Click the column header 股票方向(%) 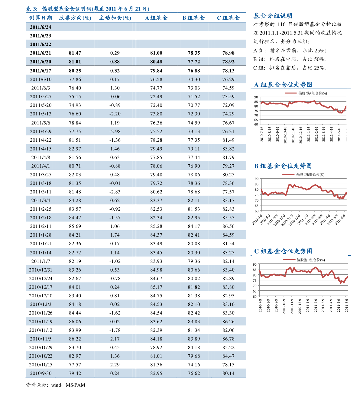point(75,18)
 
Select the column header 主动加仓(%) point(115,18)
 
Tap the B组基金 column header point(193,18)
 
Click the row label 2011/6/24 point(41,27)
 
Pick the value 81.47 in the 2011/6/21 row point(75,53)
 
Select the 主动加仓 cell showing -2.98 point(115,131)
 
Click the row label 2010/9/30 point(41,373)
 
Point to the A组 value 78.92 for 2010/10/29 point(156,347)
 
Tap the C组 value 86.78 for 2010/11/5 point(228,339)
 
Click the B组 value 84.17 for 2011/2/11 point(194,226)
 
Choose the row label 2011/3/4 point(41,200)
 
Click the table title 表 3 point(32,9)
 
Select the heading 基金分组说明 point(273,16)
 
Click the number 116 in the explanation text point(281,24)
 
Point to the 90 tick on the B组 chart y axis point(256,179)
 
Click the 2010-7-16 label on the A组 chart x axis point(261,134)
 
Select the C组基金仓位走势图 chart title point(283,251)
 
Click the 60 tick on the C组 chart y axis point(255,297)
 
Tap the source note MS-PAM point(76,385)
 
